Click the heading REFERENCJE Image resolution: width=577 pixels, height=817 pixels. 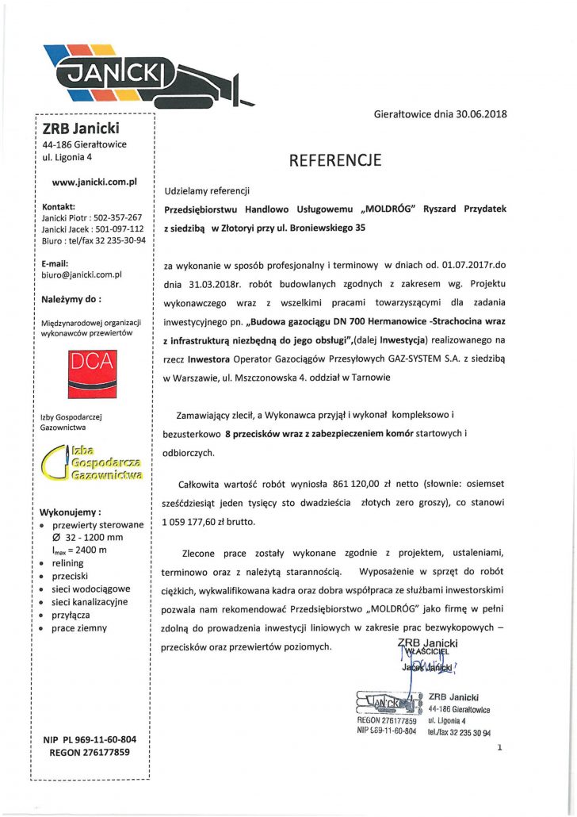tap(335, 160)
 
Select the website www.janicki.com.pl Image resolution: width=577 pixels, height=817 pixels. tap(94, 182)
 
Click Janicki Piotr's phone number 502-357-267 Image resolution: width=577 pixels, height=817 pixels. tap(113, 217)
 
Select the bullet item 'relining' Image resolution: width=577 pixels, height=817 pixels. tap(68, 562)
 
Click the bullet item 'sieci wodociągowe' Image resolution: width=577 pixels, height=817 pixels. tap(91, 589)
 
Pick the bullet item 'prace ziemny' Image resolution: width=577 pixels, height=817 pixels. tap(79, 627)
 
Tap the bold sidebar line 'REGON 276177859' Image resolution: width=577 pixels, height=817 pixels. tap(90, 752)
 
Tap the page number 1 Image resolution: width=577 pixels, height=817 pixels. tap(500, 747)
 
